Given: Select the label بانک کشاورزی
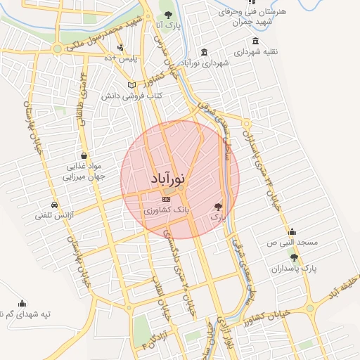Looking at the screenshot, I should click(x=166, y=210).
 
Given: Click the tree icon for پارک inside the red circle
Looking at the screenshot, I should click(x=219, y=207).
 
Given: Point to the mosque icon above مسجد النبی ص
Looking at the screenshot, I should click(x=292, y=231).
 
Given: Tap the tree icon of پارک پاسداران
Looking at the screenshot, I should click(x=294, y=257).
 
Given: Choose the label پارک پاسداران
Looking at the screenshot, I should click(x=294, y=269).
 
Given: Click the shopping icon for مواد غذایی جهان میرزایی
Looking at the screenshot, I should click(x=84, y=155).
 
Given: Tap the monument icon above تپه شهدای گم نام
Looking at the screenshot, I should click(x=22, y=303).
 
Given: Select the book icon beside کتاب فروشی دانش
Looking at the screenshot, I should click(x=131, y=84).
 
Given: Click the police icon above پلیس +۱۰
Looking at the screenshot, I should click(x=120, y=47).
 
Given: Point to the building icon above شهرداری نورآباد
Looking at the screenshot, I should click(x=204, y=53).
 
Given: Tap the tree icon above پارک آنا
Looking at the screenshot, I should click(x=167, y=13).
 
